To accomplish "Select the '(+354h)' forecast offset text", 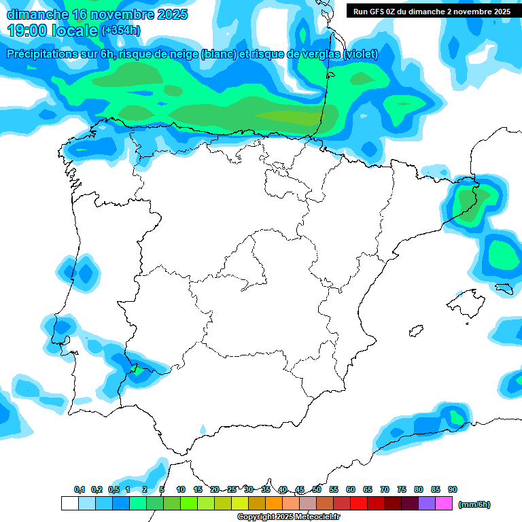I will (120, 31).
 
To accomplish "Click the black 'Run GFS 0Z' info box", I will (432, 11).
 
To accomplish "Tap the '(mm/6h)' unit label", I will (474, 504).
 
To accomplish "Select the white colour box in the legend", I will (69, 504).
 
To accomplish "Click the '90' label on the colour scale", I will (453, 489).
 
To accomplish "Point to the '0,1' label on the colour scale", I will (80, 489).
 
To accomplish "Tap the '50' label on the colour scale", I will (317, 489).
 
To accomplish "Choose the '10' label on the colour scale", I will (181, 489).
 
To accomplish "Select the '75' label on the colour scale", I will (402, 489).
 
